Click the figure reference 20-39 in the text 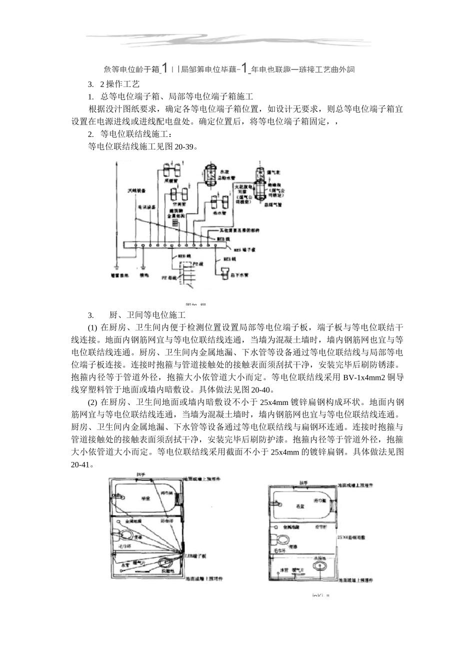[x=184, y=147]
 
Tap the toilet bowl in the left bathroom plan [x=124, y=535]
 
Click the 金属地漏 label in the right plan [x=291, y=526]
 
